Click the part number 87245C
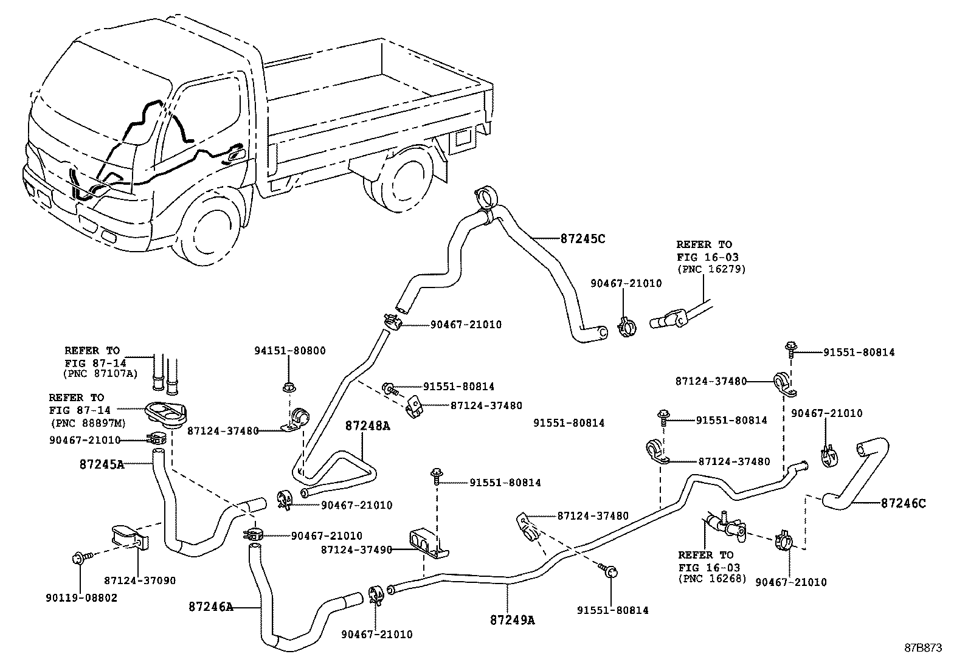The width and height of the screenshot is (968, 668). [583, 238]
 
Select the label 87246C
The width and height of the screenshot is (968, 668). [904, 503]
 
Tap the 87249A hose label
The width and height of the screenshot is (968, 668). [512, 620]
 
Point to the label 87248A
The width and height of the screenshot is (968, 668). [368, 426]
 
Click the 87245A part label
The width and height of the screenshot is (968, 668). [102, 464]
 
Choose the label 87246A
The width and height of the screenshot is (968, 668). [211, 607]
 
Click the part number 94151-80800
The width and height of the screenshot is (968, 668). [289, 351]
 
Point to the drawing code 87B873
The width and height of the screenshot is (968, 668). [923, 648]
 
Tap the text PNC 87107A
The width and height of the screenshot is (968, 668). [100, 373]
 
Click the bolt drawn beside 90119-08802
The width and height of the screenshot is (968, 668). [81, 556]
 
